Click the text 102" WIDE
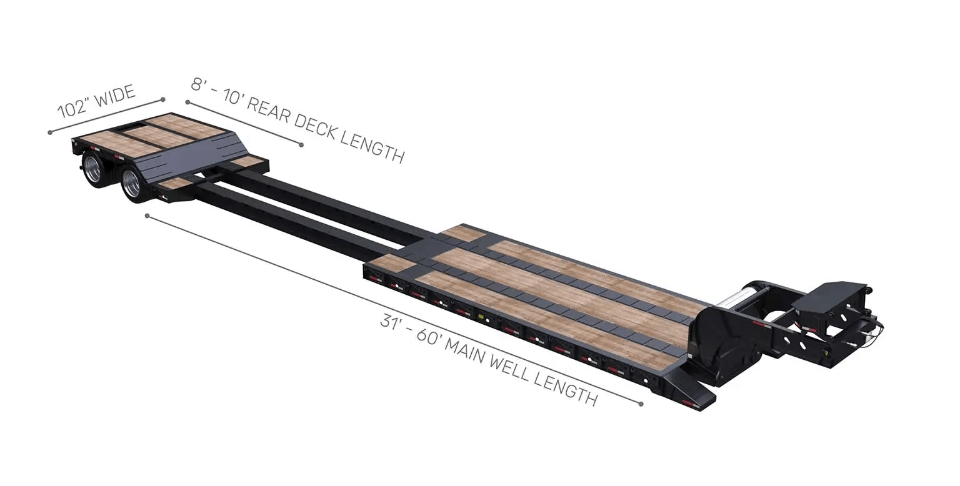96,101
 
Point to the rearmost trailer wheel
92,169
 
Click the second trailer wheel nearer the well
132,183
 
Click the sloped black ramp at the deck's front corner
687,391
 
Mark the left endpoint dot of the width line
50,132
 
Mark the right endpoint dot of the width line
163,99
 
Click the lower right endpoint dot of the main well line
641,404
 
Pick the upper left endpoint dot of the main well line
147,216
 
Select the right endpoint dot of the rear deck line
301,145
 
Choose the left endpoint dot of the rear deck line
187,102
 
